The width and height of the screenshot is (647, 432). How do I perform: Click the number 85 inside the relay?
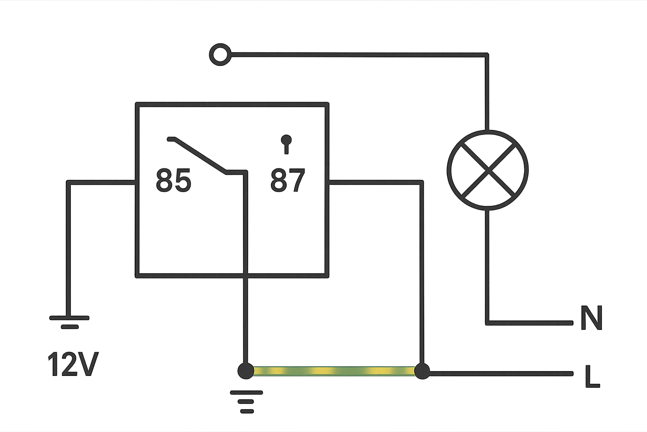pyautogui.click(x=174, y=180)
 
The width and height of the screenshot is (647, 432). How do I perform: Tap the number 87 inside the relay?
pyautogui.click(x=288, y=180)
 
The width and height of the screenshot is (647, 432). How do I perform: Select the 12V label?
pyautogui.click(x=73, y=364)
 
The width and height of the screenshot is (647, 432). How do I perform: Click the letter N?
pyautogui.click(x=591, y=318)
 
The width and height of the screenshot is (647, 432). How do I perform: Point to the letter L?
pyautogui.click(x=592, y=376)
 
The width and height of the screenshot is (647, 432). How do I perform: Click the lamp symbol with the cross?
pyautogui.click(x=487, y=170)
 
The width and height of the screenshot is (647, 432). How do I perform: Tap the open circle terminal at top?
pyautogui.click(x=220, y=54)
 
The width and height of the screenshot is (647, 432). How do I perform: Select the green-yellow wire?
pyautogui.click(x=334, y=371)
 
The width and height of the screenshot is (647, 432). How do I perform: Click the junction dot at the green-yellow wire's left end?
pyautogui.click(x=246, y=371)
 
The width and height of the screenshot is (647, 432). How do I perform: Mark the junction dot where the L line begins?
pyautogui.click(x=422, y=371)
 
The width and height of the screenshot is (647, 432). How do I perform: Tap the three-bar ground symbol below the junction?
pyautogui.click(x=246, y=402)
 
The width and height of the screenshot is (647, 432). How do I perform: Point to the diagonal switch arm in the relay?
pyautogui.click(x=200, y=156)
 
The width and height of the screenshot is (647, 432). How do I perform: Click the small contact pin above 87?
pyautogui.click(x=286, y=144)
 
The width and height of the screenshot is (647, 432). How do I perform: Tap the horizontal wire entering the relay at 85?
pyautogui.click(x=101, y=182)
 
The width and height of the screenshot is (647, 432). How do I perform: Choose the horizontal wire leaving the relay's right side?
pyautogui.click(x=375, y=182)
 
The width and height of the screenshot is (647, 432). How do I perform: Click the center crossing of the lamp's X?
pyautogui.click(x=488, y=170)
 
